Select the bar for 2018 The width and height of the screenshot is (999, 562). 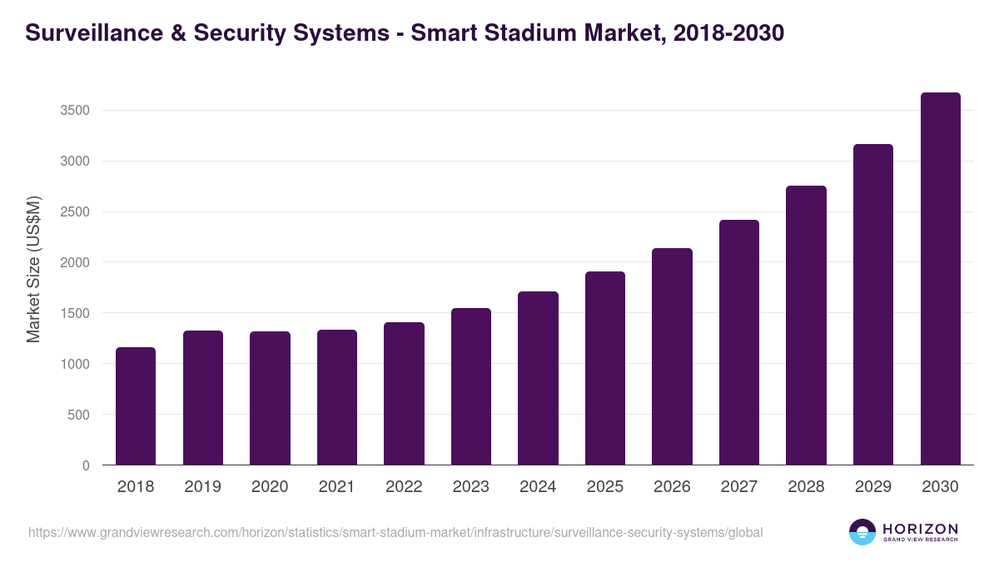point(136,406)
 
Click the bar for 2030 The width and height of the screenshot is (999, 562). point(941,279)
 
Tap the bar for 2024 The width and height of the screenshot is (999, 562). point(538,378)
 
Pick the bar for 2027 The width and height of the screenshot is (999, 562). point(739,342)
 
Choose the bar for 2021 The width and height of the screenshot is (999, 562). point(337,397)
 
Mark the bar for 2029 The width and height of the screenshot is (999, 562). point(873,305)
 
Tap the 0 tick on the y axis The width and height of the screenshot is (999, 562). point(86,466)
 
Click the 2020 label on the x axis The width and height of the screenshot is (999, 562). point(270,487)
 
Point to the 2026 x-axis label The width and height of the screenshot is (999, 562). point(672,487)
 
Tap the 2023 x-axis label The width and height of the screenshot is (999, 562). point(471,487)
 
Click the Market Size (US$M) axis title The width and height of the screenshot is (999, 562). point(33,270)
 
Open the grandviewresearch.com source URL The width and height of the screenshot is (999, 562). point(395,532)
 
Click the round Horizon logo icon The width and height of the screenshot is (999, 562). point(862,532)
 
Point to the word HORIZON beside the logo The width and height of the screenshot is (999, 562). point(920,529)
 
